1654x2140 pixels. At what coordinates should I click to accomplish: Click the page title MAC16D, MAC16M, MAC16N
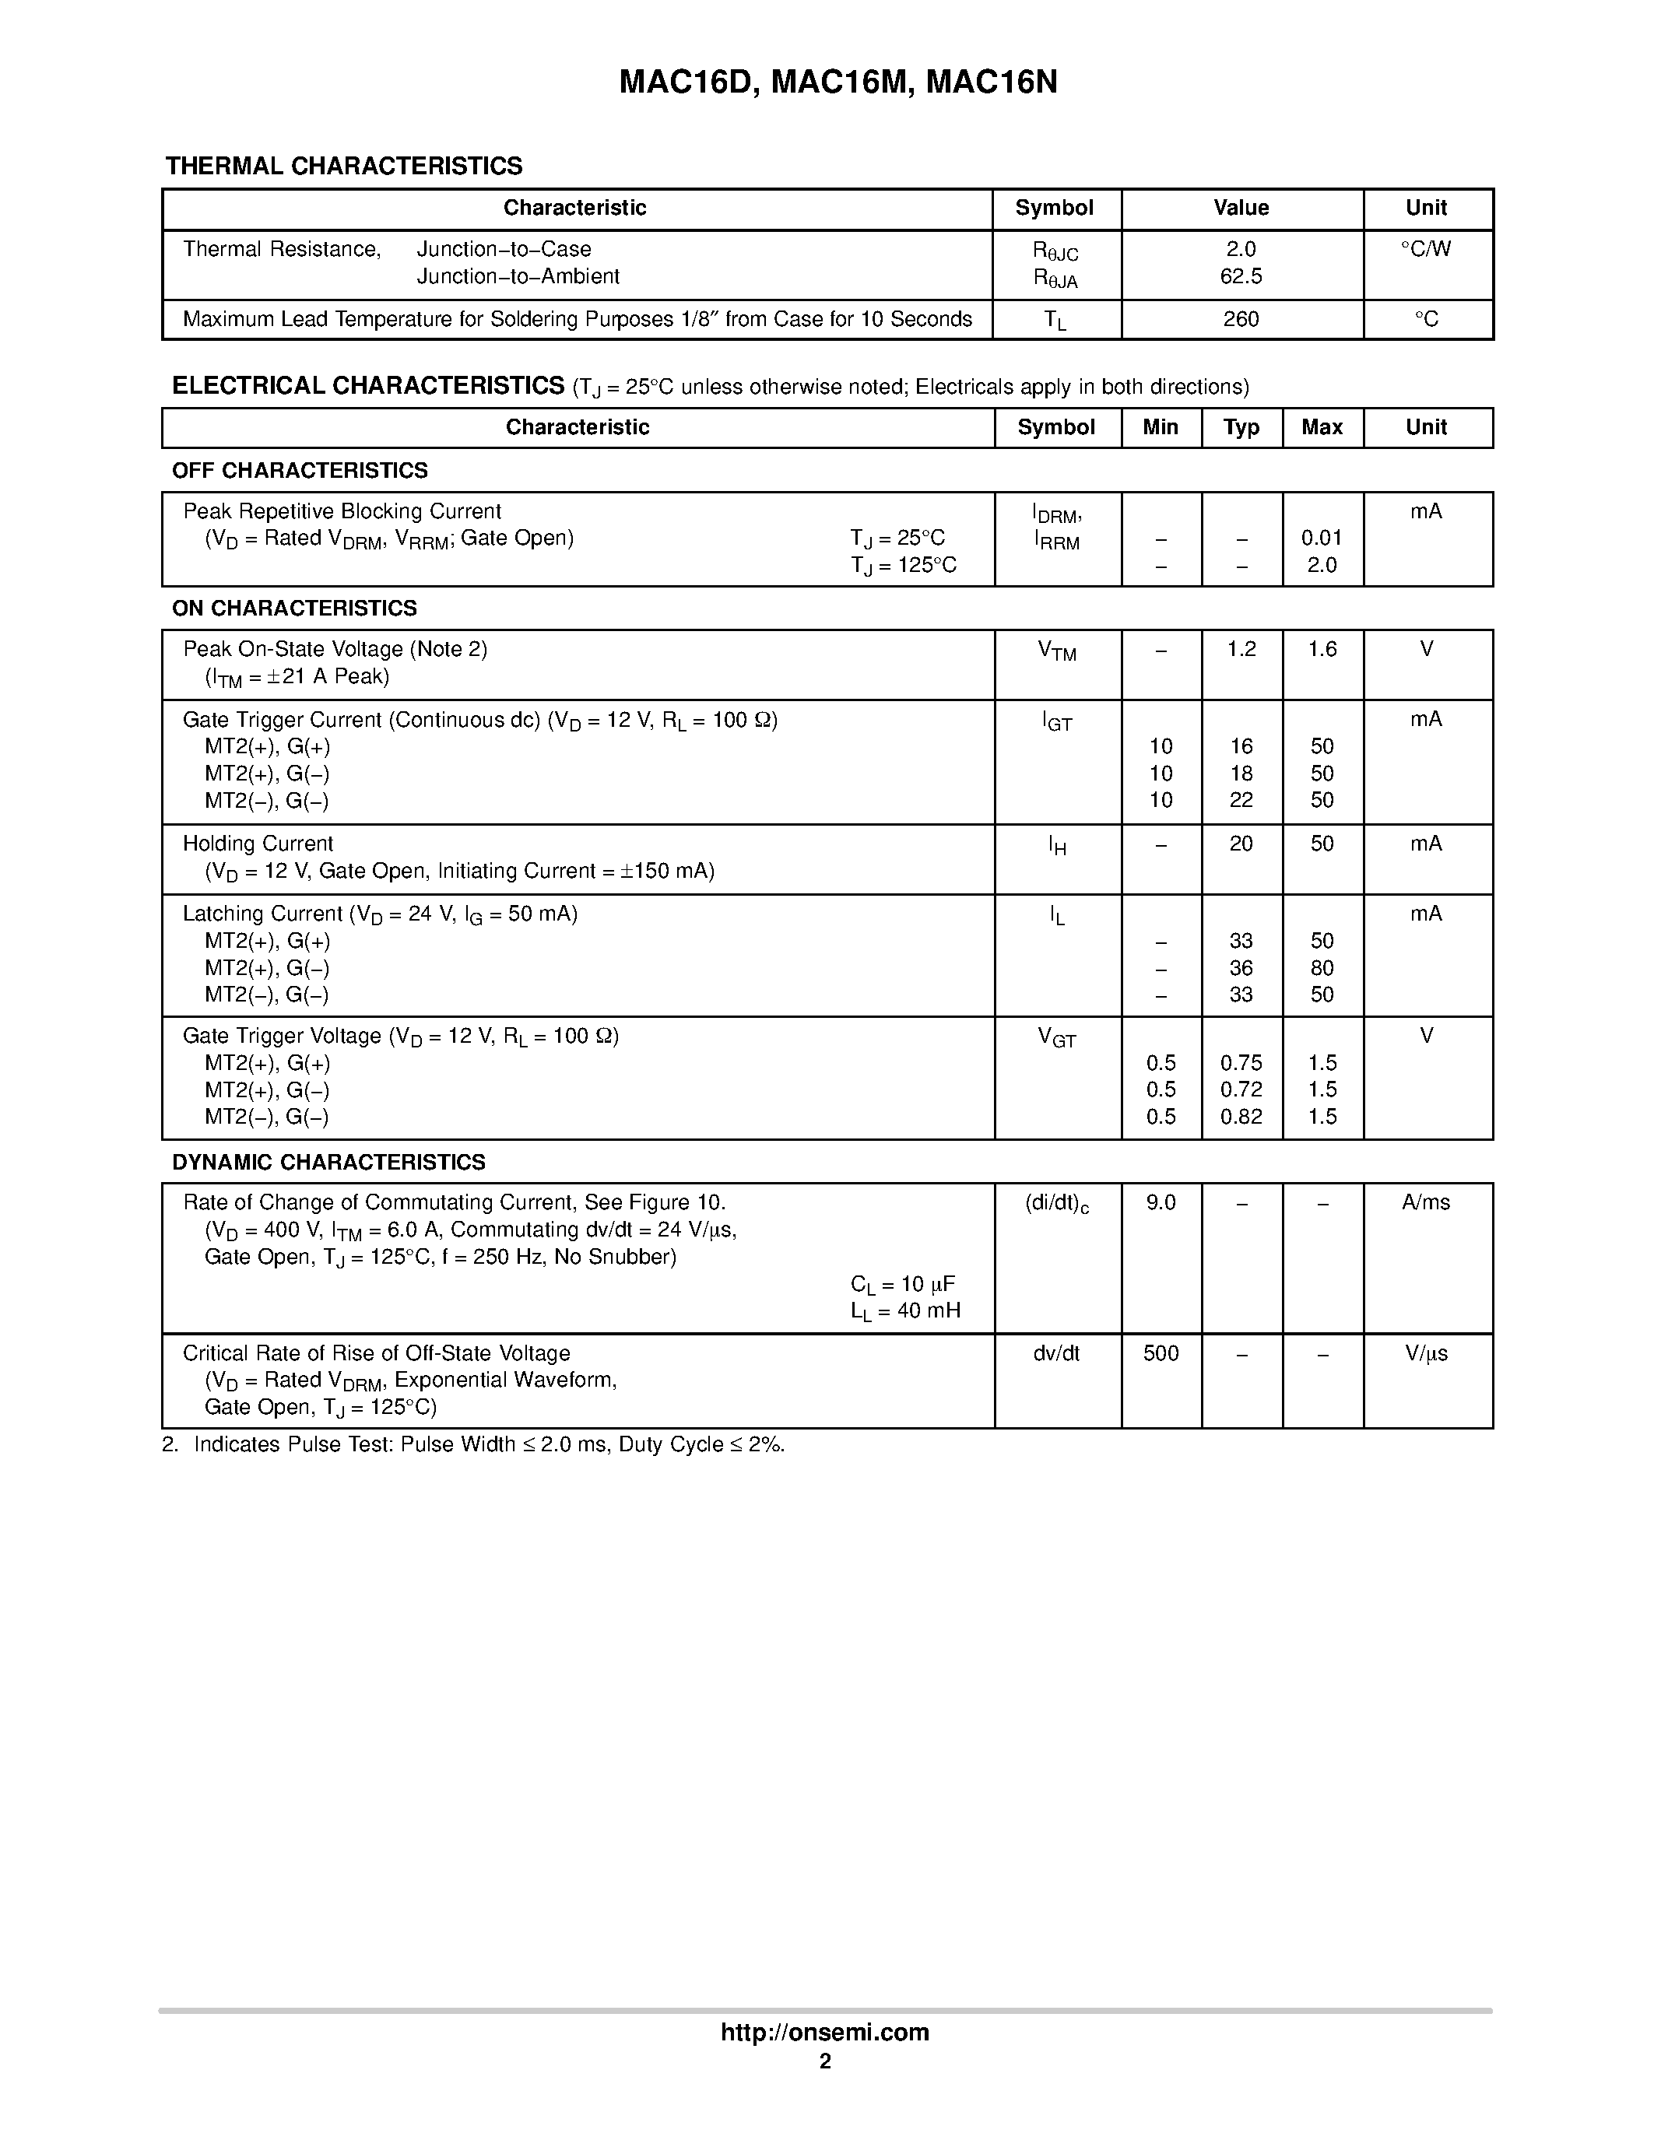pyautogui.click(x=838, y=82)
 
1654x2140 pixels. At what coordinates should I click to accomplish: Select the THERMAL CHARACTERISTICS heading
pyautogui.click(x=344, y=167)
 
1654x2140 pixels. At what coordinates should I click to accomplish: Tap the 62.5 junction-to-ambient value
pyautogui.click(x=1241, y=277)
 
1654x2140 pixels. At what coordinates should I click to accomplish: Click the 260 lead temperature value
pyautogui.click(x=1241, y=319)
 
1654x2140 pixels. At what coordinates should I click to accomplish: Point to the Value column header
pyautogui.click(x=1241, y=208)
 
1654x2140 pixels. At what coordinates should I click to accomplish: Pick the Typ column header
pyautogui.click(x=1241, y=427)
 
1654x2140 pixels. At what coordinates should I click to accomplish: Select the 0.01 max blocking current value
pyautogui.click(x=1321, y=538)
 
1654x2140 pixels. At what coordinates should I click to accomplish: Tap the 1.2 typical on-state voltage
pyautogui.click(x=1241, y=650)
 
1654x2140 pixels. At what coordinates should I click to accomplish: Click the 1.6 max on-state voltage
pyautogui.click(x=1321, y=650)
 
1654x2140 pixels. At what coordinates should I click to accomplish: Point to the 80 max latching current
pyautogui.click(x=1321, y=968)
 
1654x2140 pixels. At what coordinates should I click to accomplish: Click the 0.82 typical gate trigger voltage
pyautogui.click(x=1241, y=1117)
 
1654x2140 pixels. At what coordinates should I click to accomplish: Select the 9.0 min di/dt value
pyautogui.click(x=1161, y=1202)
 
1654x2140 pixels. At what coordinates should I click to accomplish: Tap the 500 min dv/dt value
pyautogui.click(x=1161, y=1353)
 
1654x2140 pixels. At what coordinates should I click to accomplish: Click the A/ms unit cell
pyautogui.click(x=1426, y=1202)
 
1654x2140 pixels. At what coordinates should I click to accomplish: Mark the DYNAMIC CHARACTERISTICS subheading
pyautogui.click(x=328, y=1162)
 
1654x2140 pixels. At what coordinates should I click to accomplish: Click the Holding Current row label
pyautogui.click(x=258, y=844)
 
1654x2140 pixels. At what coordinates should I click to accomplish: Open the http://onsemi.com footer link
pyautogui.click(x=825, y=2032)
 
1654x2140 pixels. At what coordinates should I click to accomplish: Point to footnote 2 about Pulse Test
pyautogui.click(x=473, y=1444)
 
